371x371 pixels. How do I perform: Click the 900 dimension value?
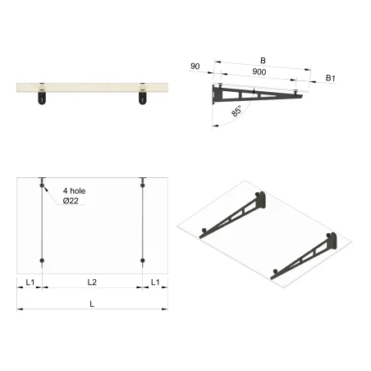coord(259,73)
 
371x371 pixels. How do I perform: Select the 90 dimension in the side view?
coord(195,66)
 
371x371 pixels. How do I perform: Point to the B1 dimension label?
coord(330,77)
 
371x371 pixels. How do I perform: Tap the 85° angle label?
coord(237,111)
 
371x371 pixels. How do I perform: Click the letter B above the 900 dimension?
coord(263,60)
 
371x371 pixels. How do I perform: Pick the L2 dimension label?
coord(92,282)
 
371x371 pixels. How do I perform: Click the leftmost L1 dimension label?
coord(30,282)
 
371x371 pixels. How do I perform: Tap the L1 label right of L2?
coord(155,282)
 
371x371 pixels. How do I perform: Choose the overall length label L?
coord(92,304)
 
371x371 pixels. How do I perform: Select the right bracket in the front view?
coord(143,98)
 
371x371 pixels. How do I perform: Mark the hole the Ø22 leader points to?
coord(42,185)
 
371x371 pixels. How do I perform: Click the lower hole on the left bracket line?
coord(42,262)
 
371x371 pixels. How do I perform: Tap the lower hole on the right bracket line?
coord(143,262)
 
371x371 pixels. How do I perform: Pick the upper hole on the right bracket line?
coord(143,185)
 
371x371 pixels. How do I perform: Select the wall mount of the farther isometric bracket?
coord(261,197)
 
